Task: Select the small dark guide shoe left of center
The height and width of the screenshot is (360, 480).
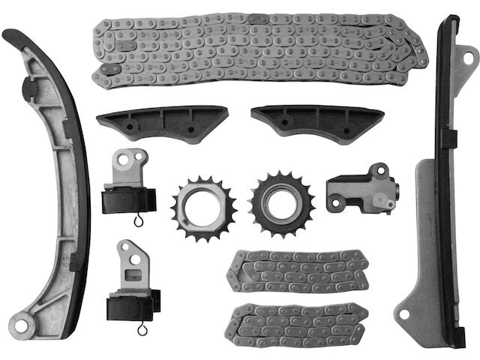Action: click(x=160, y=122)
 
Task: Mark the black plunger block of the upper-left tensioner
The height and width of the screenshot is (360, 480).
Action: click(x=127, y=201)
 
